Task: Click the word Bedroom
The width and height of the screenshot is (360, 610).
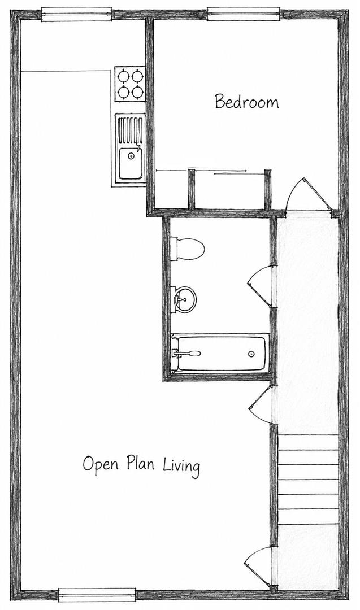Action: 247,102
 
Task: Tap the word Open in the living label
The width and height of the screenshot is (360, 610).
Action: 101,465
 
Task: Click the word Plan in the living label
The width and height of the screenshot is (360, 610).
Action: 140,463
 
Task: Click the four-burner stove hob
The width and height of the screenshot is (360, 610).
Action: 130,84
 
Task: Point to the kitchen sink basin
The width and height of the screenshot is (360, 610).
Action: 131,163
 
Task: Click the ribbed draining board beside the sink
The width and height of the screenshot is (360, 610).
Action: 130,130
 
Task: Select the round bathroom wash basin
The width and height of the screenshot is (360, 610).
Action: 184,299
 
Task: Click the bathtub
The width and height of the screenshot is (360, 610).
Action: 220,353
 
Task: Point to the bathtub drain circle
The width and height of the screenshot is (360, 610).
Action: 251,354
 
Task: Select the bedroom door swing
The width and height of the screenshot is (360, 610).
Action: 307,193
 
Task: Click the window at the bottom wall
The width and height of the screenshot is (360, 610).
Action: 97,595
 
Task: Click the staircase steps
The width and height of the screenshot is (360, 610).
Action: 308,479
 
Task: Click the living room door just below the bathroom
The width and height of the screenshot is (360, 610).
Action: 259,404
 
